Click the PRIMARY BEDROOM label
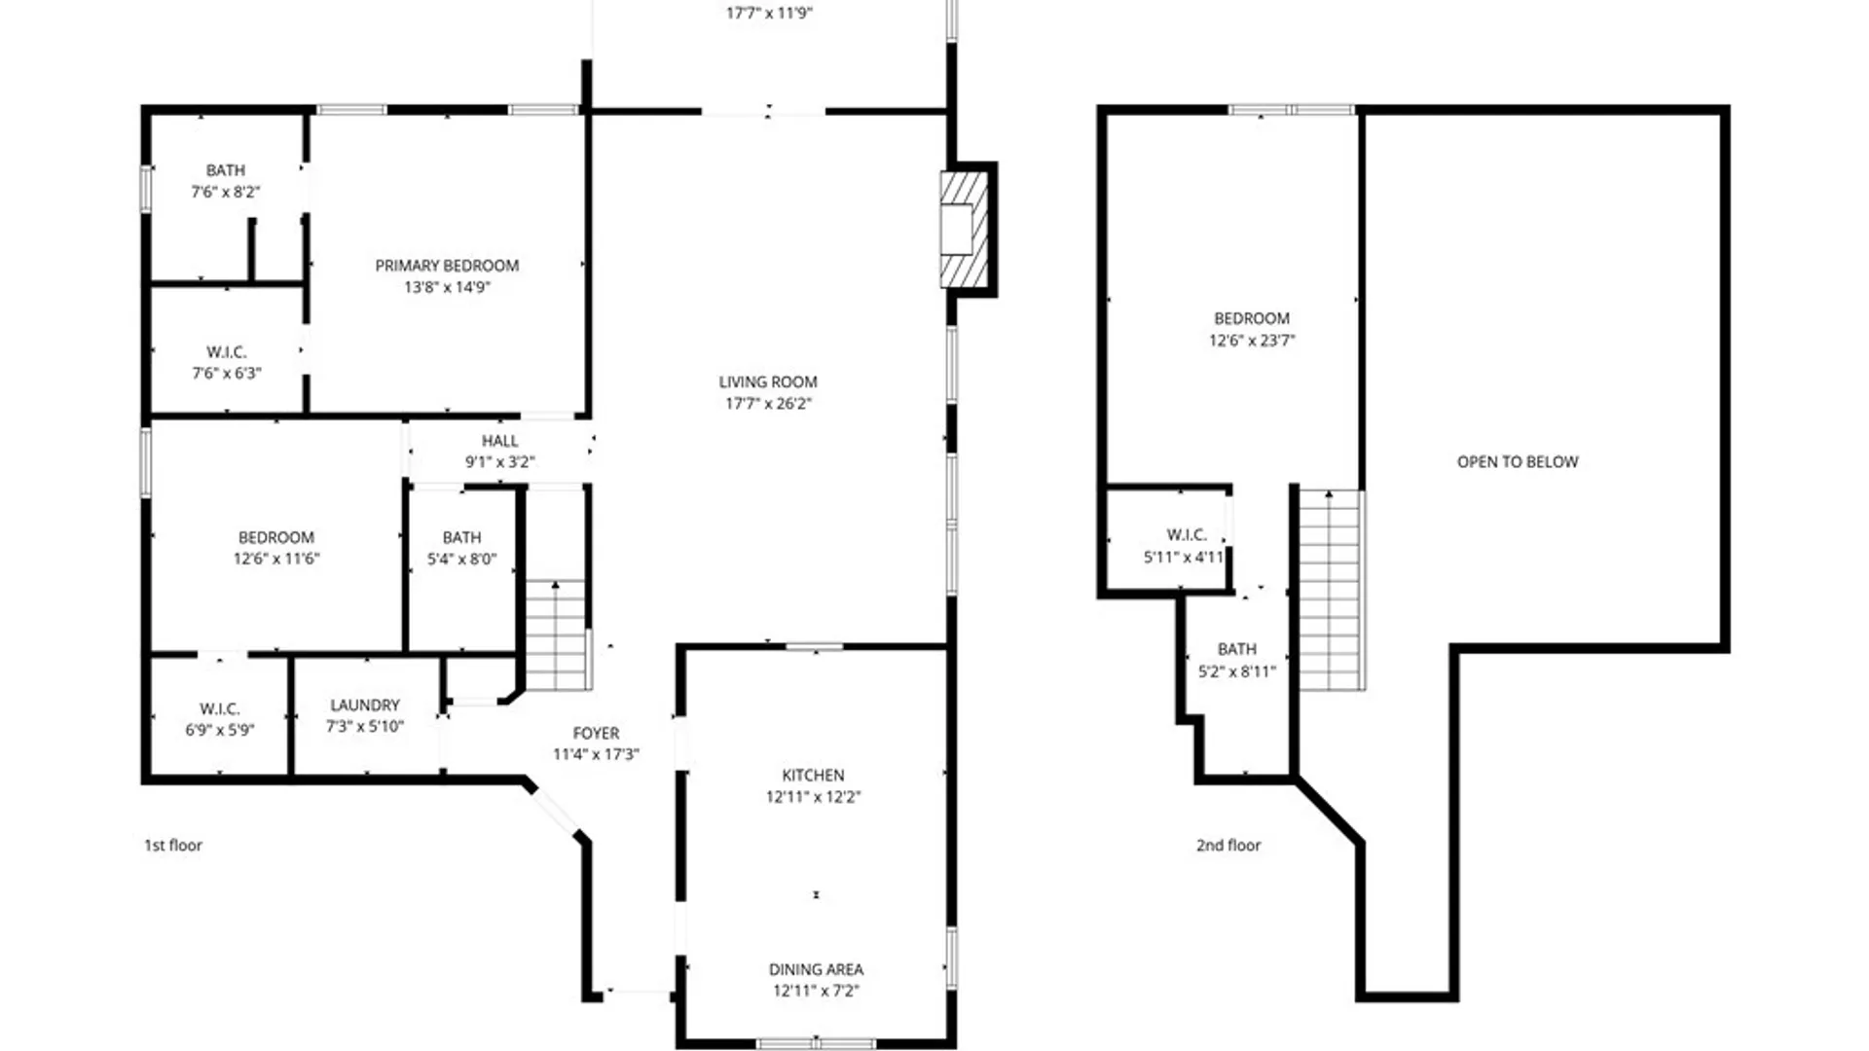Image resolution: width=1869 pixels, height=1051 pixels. pyautogui.click(x=447, y=266)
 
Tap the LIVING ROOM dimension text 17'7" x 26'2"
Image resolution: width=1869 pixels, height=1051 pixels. pyautogui.click(x=768, y=404)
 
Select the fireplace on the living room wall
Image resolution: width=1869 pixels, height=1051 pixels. pyautogui.click(x=964, y=230)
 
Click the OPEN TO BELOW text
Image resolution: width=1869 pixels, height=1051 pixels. pyautogui.click(x=1518, y=462)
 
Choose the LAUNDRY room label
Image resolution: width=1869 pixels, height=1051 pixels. pyautogui.click(x=365, y=706)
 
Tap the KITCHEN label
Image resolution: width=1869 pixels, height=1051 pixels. pyautogui.click(x=813, y=776)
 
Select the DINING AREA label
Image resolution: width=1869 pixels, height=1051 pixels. pyautogui.click(x=816, y=969)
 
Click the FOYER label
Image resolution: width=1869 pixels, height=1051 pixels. pyautogui.click(x=596, y=734)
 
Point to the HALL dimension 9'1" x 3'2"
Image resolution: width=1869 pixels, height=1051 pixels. pyautogui.click(x=499, y=462)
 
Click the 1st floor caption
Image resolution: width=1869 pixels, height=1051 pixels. pyautogui.click(x=173, y=846)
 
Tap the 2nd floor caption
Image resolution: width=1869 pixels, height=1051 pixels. pyautogui.click(x=1228, y=846)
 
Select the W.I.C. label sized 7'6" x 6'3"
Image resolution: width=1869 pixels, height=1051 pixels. pyautogui.click(x=226, y=352)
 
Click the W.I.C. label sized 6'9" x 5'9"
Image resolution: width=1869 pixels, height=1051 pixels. pyautogui.click(x=220, y=709)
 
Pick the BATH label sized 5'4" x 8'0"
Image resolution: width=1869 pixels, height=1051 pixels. pyautogui.click(x=461, y=538)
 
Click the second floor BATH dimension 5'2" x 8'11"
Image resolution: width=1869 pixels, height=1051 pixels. pyautogui.click(x=1236, y=671)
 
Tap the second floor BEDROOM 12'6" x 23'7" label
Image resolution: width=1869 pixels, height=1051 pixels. pyautogui.click(x=1252, y=319)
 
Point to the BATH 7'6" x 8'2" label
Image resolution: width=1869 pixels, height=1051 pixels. pyautogui.click(x=225, y=170)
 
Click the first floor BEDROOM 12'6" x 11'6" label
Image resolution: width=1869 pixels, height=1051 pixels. pyautogui.click(x=276, y=538)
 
